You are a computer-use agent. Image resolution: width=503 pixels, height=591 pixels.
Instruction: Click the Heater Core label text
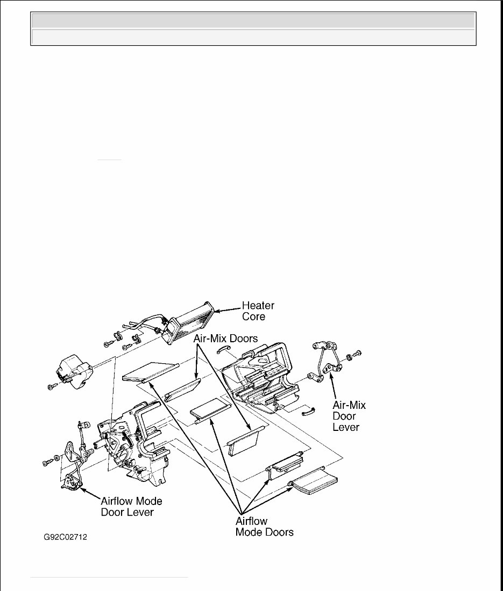258,311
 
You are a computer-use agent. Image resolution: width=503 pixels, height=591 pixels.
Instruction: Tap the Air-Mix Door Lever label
349,416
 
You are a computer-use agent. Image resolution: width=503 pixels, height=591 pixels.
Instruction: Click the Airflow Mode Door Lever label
131,507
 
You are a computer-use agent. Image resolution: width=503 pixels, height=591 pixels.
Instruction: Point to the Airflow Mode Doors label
264,527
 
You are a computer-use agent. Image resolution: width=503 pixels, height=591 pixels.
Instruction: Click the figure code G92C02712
66,537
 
